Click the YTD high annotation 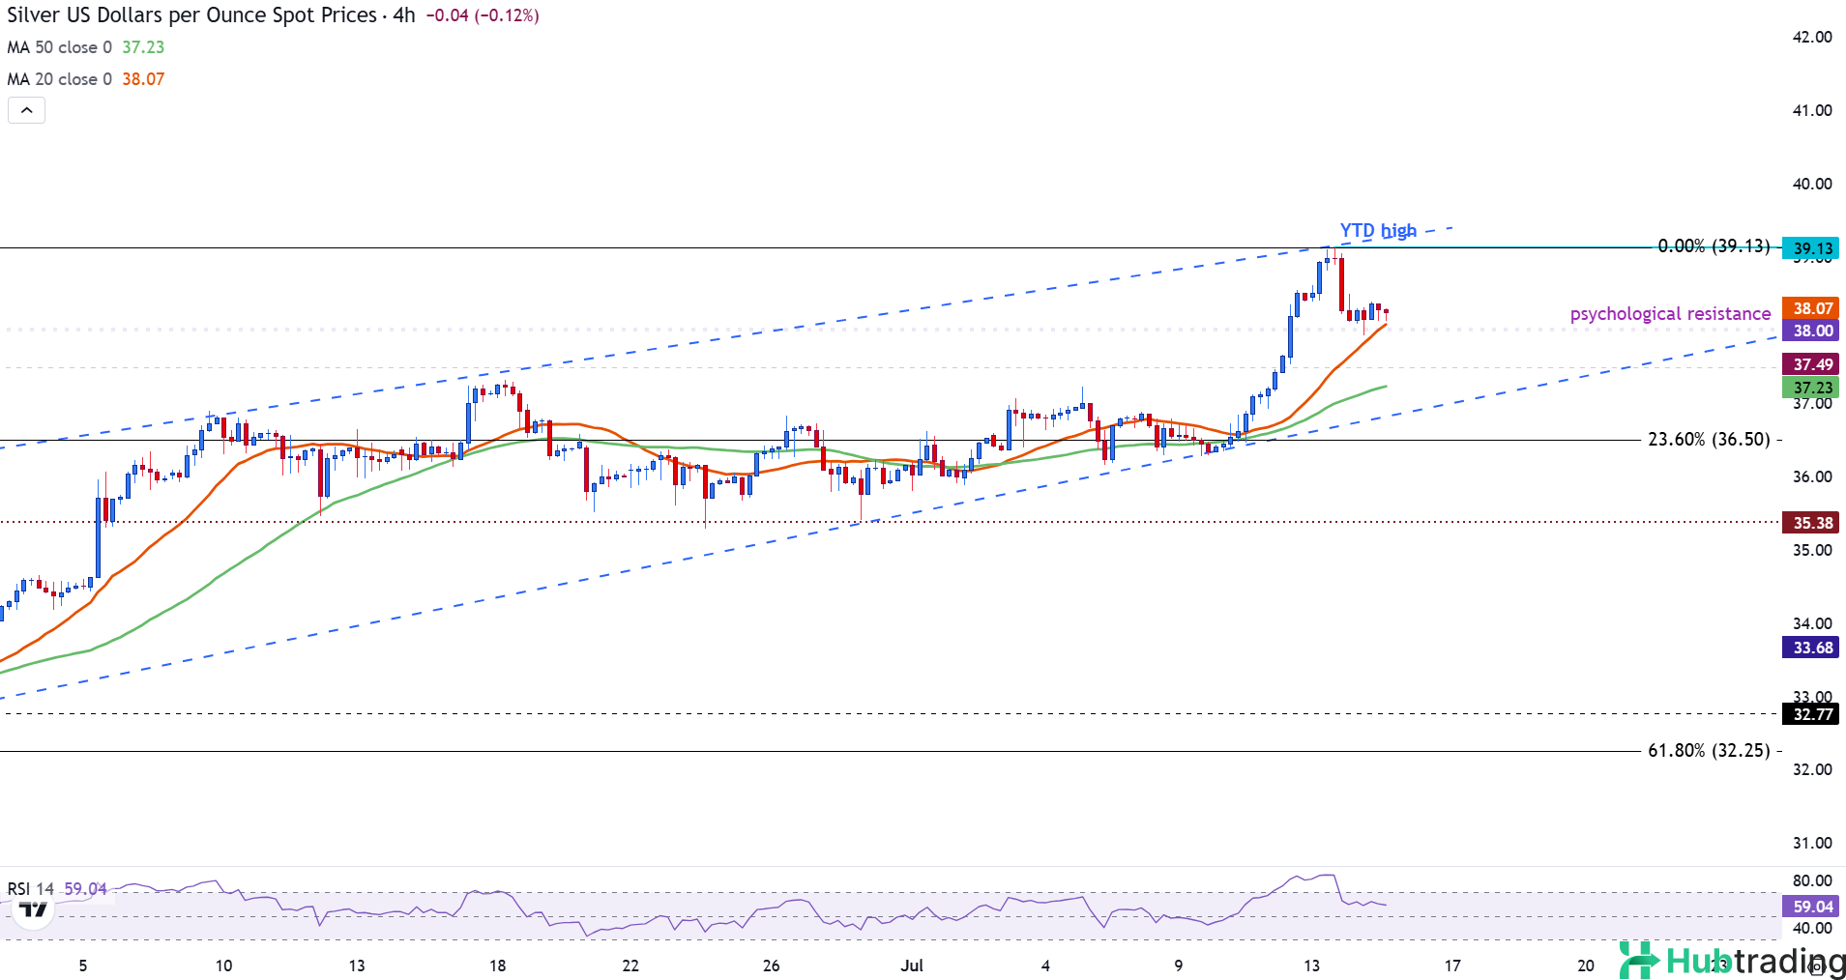click(1377, 231)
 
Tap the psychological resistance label click(1670, 314)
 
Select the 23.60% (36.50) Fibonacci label click(1709, 440)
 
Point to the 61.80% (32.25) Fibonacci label click(1709, 751)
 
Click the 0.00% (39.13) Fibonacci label click(1714, 246)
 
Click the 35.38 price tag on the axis click(1812, 523)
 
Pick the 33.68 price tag click(1812, 648)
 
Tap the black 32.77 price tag click(1812, 714)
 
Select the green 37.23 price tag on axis click(1812, 388)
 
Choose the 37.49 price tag click(1812, 364)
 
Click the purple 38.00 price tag click(1812, 331)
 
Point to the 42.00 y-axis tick click(1812, 37)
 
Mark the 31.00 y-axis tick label click(1812, 843)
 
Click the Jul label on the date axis click(912, 966)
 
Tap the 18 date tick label click(497, 966)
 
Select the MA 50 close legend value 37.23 click(143, 47)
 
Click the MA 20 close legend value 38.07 click(143, 79)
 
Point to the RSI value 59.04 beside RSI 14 click(85, 888)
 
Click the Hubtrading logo click(1731, 961)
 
